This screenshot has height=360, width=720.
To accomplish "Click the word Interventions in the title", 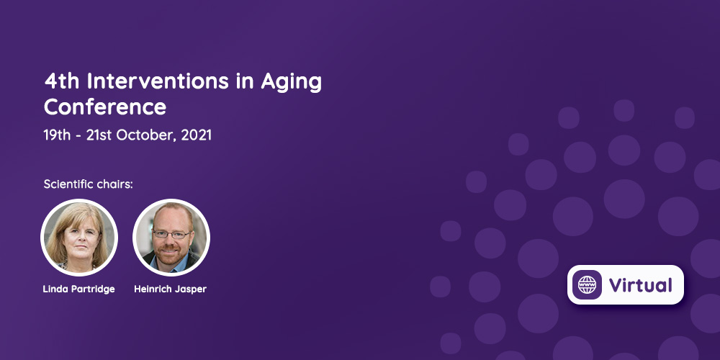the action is pyautogui.click(x=158, y=82).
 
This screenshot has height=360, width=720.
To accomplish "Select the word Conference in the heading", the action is pyautogui.click(x=105, y=107).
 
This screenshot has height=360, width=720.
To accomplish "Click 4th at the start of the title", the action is pyautogui.click(x=62, y=82).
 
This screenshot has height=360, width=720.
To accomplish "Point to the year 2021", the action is pyautogui.click(x=196, y=135).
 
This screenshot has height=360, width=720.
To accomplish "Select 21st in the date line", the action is pyautogui.click(x=99, y=135).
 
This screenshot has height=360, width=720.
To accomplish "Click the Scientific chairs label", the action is pyautogui.click(x=88, y=184).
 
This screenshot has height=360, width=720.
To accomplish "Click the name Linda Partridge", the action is pyautogui.click(x=79, y=289).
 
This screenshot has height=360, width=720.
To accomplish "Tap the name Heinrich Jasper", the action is pyautogui.click(x=171, y=289).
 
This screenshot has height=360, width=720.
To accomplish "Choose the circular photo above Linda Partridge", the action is pyautogui.click(x=79, y=238).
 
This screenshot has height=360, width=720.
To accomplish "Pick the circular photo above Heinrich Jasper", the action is pyautogui.click(x=171, y=238).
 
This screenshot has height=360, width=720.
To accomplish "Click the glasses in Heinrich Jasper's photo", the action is pyautogui.click(x=171, y=234).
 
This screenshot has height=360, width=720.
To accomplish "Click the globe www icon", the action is pyautogui.click(x=587, y=284).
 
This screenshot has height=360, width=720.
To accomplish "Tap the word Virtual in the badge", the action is pyautogui.click(x=641, y=285).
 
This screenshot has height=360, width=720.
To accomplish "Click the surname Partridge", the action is pyautogui.click(x=94, y=289).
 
